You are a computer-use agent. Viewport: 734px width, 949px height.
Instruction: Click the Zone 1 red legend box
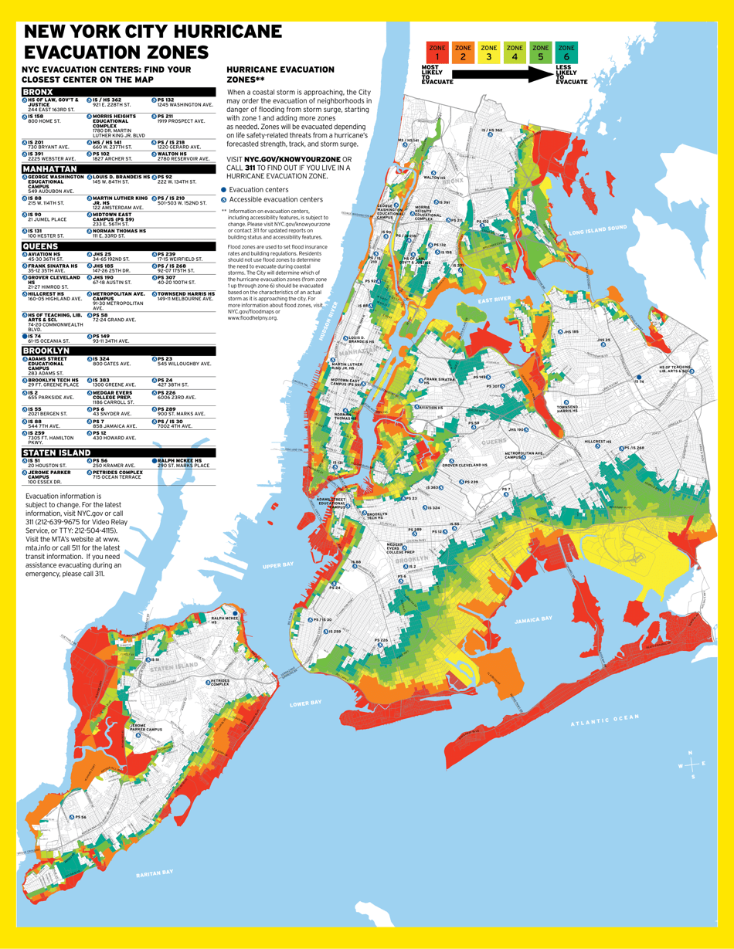click(437, 53)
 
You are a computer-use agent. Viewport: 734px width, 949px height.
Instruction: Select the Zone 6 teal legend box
click(566, 53)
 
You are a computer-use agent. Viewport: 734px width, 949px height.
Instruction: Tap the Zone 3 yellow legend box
click(489, 53)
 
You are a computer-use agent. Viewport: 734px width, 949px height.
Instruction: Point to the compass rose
click(691, 764)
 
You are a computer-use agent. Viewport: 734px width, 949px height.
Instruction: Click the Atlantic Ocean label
click(605, 720)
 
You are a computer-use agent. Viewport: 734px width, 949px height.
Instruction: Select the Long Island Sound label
click(597, 230)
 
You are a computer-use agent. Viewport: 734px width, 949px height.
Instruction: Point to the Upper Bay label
click(274, 565)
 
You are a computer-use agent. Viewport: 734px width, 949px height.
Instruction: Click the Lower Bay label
click(305, 703)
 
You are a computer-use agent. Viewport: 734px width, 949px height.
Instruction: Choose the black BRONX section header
click(118, 92)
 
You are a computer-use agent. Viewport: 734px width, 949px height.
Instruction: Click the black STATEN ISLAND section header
click(118, 452)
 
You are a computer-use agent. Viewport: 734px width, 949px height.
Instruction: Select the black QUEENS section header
click(118, 246)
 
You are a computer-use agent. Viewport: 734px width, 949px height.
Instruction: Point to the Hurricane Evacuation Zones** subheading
click(280, 74)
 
